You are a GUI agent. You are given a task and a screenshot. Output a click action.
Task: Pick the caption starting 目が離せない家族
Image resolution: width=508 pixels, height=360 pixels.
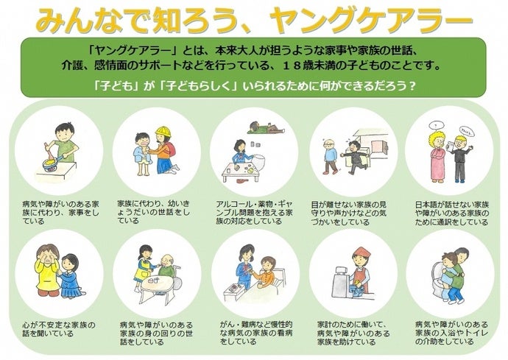(345, 210)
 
